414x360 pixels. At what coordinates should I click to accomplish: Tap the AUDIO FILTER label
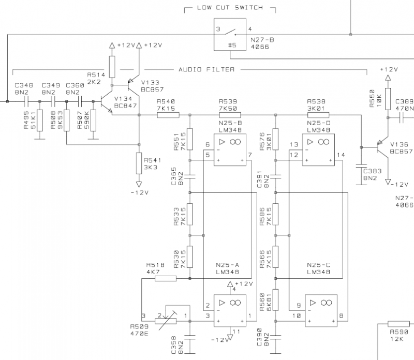click(x=206, y=69)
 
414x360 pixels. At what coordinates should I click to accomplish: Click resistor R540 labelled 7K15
click(x=168, y=115)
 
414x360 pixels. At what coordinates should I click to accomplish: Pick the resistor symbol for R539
click(x=228, y=115)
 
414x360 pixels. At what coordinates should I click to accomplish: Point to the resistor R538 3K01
click(x=317, y=115)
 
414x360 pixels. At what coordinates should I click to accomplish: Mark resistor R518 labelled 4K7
click(x=166, y=279)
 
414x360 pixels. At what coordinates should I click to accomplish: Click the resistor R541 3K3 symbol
click(x=139, y=163)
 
